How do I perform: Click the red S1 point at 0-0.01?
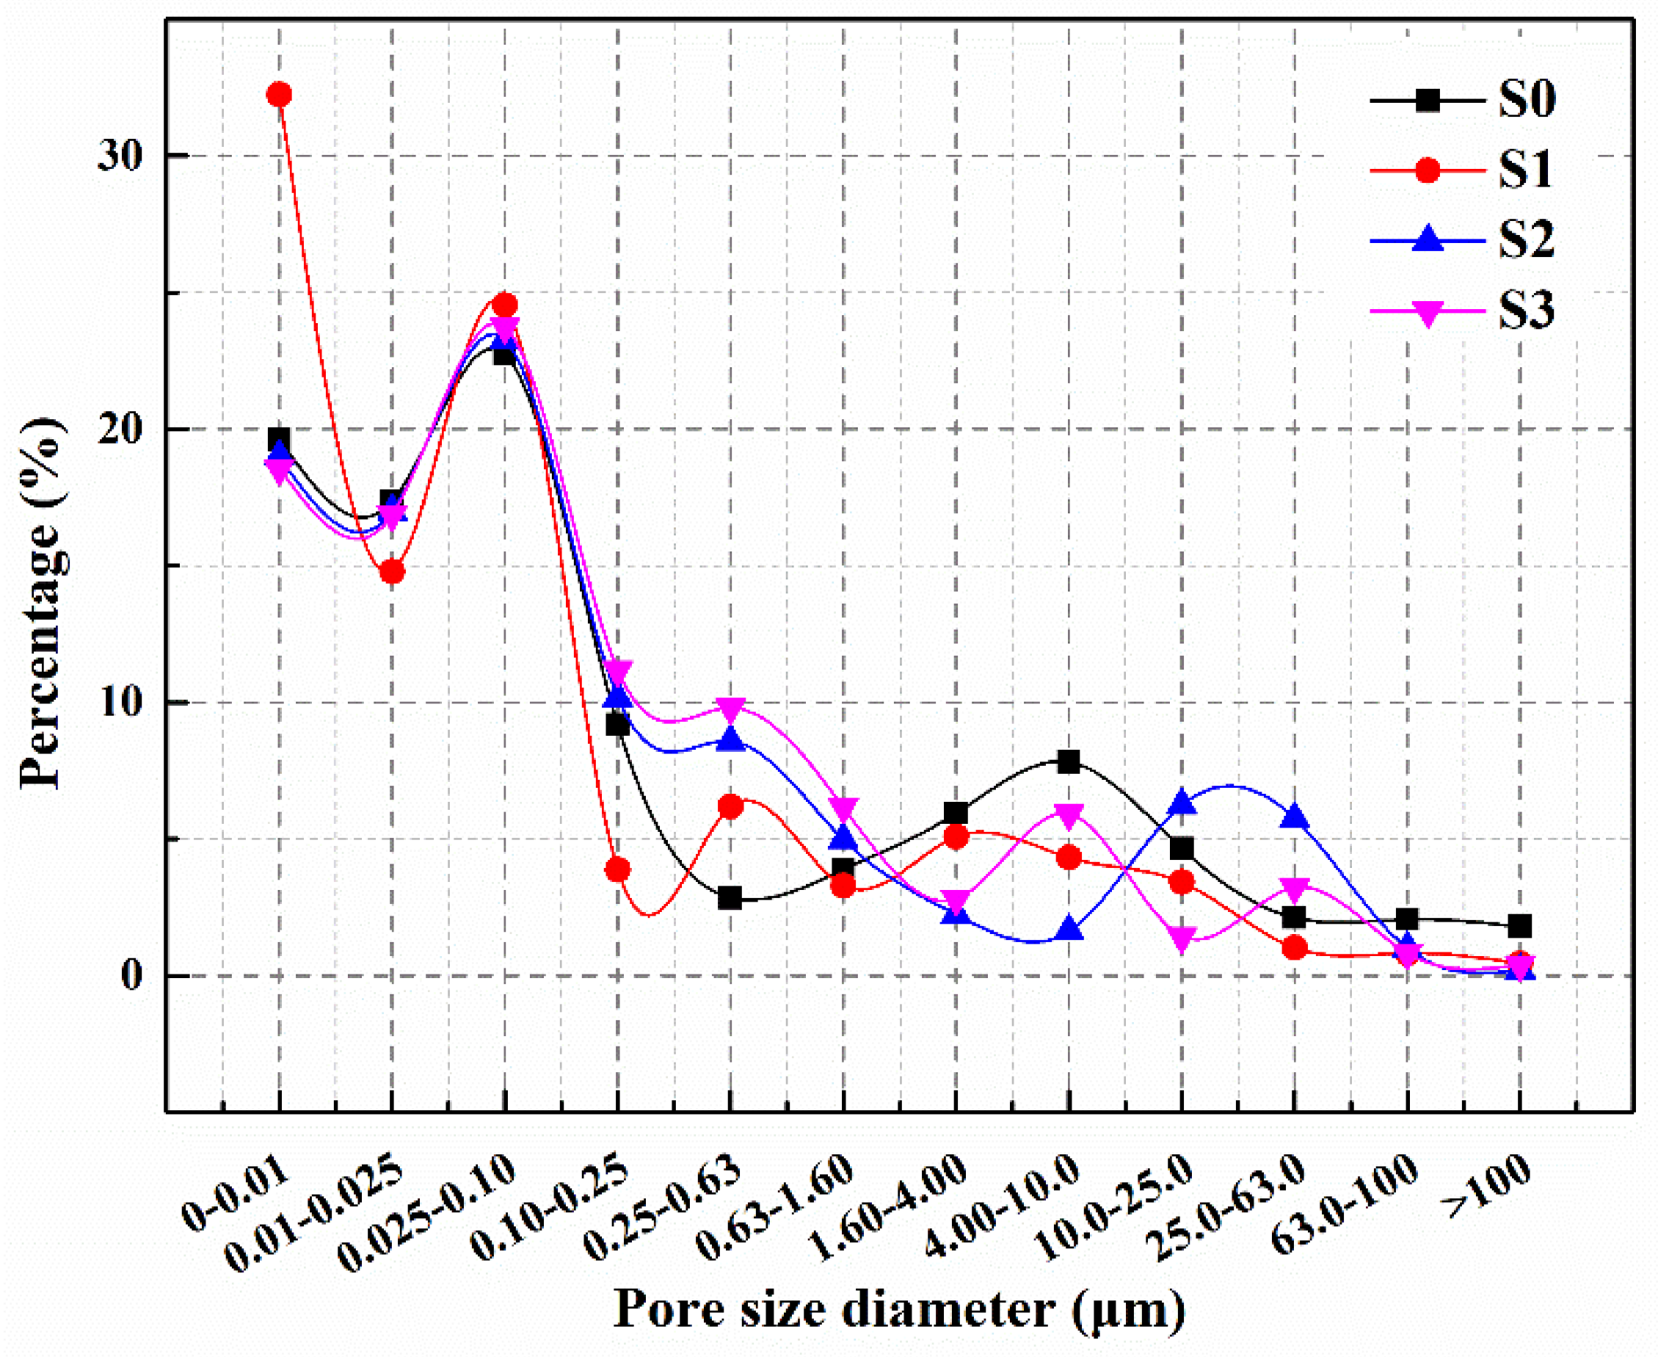click(279, 95)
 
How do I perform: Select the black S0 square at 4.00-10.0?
click(1069, 761)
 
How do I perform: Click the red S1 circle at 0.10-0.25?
click(618, 870)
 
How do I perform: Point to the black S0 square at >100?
click(1519, 926)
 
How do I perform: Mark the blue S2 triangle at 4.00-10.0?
click(1069, 931)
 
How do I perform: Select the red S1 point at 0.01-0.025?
click(392, 572)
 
